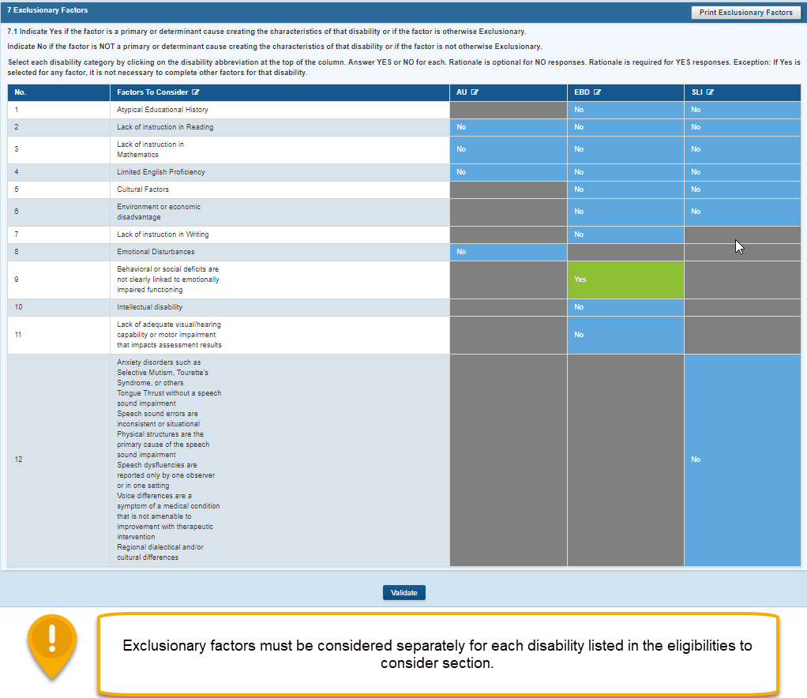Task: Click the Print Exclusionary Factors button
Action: pos(745,13)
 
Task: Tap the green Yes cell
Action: pos(625,280)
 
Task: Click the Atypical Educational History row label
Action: pos(161,110)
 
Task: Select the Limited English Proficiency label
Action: pos(160,172)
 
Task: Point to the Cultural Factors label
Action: pos(143,190)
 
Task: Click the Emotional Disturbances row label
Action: pos(156,252)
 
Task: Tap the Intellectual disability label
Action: pos(149,307)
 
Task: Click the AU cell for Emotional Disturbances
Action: pos(508,252)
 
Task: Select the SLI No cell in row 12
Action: pos(742,460)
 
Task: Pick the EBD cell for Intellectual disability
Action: pos(625,307)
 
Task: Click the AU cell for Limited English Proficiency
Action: pos(508,172)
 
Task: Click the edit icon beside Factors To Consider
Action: pos(195,92)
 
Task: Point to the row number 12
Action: pos(18,460)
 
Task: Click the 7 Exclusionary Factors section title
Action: pos(47,10)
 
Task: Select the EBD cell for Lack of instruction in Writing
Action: pos(625,235)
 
